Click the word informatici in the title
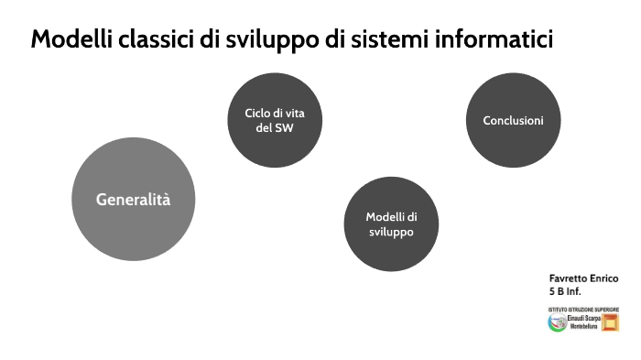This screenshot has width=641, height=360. coord(498,41)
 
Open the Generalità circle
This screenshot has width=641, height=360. coord(134,199)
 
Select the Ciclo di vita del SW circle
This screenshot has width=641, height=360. coord(275,120)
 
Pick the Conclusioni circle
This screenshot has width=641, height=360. coord(513,121)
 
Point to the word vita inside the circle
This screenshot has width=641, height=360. coord(296,113)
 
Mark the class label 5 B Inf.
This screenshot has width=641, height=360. coord(565,291)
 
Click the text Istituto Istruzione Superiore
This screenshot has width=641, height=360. coord(583,309)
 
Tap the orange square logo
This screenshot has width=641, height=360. coord(610,322)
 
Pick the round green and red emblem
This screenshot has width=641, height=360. coord(557,322)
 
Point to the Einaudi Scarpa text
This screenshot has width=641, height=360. coord(583,318)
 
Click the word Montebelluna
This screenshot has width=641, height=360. coord(583,327)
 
